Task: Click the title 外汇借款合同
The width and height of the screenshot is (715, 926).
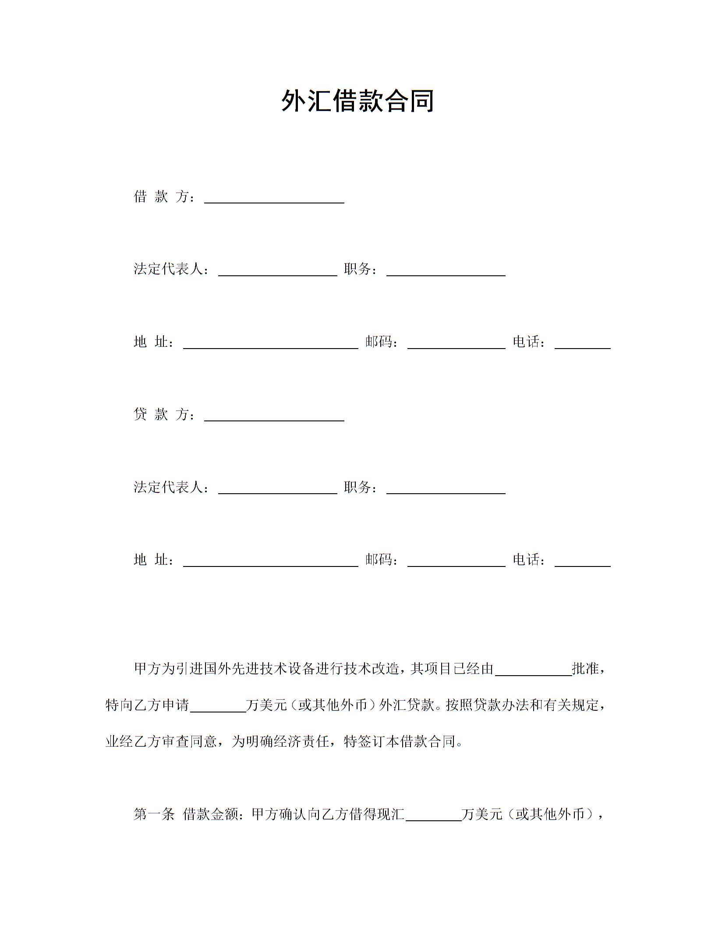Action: tap(357, 101)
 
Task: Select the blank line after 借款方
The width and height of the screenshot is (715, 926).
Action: tap(274, 199)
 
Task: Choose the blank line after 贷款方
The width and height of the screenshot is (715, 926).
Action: tap(274, 417)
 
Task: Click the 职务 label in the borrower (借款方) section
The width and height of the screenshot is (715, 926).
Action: tap(358, 269)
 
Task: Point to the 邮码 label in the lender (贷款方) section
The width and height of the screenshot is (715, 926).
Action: tap(379, 560)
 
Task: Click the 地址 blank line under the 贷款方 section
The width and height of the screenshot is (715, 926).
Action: tap(270, 562)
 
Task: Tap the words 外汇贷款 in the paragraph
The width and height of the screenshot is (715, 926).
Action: tap(407, 705)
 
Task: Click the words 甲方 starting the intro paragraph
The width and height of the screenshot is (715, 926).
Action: tap(148, 669)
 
